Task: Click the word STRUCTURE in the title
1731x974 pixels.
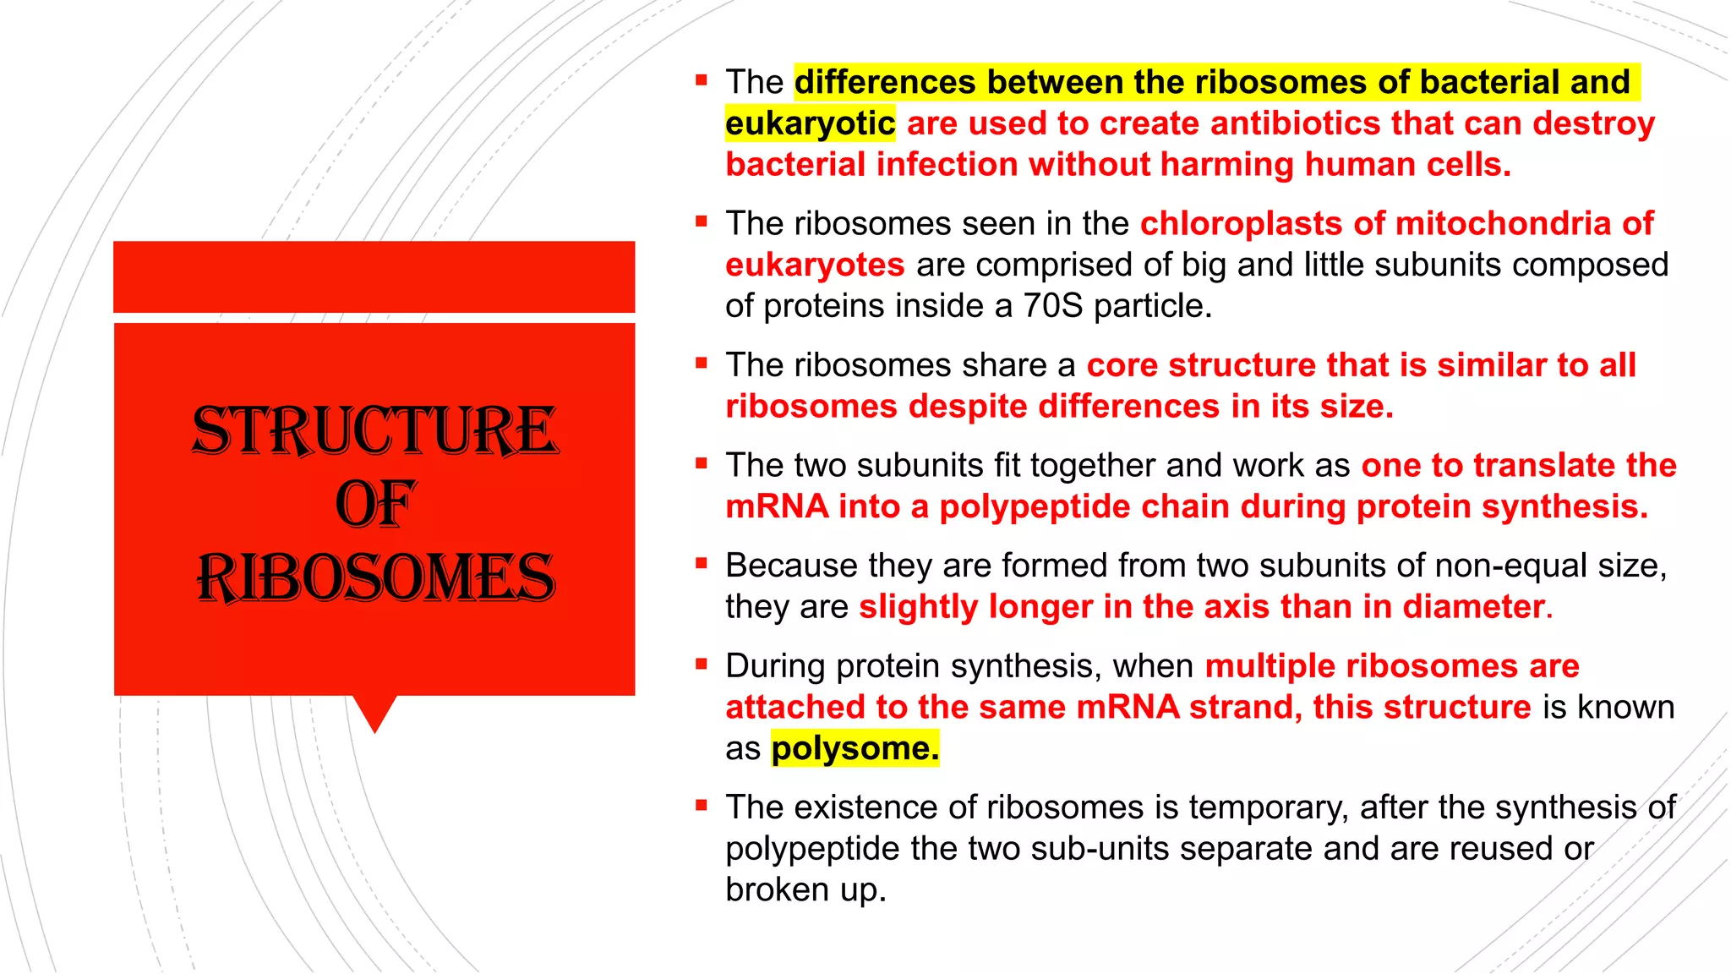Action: pyautogui.click(x=375, y=430)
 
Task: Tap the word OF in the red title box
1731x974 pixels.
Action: pyautogui.click(x=375, y=504)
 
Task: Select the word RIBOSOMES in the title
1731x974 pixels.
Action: pyautogui.click(x=375, y=578)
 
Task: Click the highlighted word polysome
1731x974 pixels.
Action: pyautogui.click(x=855, y=749)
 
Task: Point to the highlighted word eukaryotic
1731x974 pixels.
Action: pyautogui.click(x=810, y=124)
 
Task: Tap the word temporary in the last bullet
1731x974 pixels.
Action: pyautogui.click(x=1267, y=807)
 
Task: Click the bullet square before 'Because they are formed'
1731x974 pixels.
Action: pyautogui.click(x=701, y=563)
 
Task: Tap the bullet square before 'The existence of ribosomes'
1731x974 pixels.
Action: pyautogui.click(x=701, y=805)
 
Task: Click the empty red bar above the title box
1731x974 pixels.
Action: pyautogui.click(x=374, y=276)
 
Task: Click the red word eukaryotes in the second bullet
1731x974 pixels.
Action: pyautogui.click(x=815, y=265)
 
